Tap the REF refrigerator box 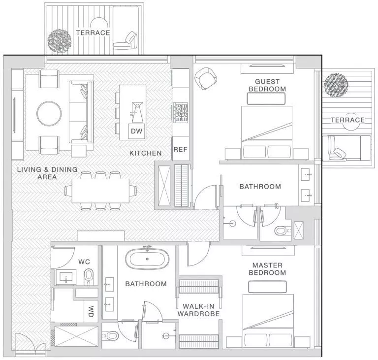tap(180, 150)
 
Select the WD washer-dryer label tap(91, 312)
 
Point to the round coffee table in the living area tap(49, 113)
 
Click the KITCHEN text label tap(146, 154)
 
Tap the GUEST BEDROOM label tap(267, 85)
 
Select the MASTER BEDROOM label tap(267, 269)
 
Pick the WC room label tap(83, 262)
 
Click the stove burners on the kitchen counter tap(180, 112)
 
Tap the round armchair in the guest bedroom tap(205, 77)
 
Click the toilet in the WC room tap(89, 277)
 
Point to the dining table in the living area tap(100, 190)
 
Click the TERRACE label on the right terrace tap(347, 120)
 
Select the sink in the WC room tap(65, 277)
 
